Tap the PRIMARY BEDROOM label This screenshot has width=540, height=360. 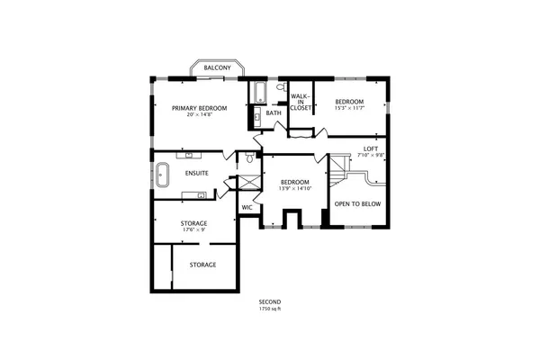200,108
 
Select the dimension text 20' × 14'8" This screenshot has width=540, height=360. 200,115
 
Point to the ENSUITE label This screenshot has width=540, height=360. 197,173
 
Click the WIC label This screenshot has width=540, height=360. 247,208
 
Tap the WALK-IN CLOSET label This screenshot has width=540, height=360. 300,102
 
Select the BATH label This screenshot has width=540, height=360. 274,113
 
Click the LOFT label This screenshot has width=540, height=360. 371,148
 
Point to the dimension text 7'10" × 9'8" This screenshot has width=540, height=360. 371,156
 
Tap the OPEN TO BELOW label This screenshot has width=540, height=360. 357,204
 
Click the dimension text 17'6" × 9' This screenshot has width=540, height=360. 193,230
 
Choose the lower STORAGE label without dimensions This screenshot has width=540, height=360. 202,265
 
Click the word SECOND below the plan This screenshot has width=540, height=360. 270,301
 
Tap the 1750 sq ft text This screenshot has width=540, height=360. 270,309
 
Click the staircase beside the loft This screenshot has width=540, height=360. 340,167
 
